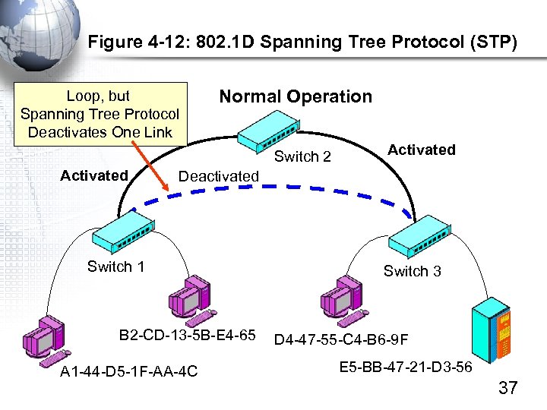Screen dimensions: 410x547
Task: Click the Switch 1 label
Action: pos(115,266)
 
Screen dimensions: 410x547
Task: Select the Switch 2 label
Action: pos(302,157)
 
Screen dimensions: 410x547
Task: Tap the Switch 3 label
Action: pos(412,271)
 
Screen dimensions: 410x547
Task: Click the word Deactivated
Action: pos(218,176)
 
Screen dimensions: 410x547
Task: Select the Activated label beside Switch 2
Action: pos(421,150)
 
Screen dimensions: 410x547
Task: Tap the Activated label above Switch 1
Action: pos(94,175)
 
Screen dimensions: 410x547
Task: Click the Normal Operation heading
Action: pos(296,96)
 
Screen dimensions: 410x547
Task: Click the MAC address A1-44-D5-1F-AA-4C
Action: pos(128,371)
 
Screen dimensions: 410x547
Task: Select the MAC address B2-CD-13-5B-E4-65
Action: pos(187,335)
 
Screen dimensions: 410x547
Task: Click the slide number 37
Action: pos(507,388)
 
